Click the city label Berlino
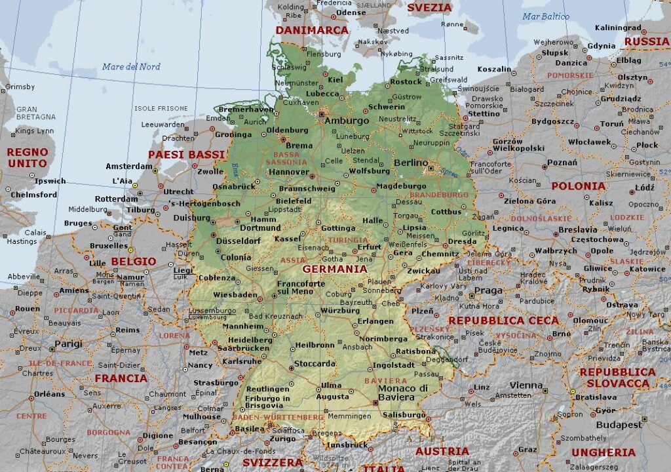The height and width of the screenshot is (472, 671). (x=411, y=163)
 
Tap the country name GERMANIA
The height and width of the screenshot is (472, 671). (x=334, y=269)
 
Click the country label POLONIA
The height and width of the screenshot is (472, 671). (x=578, y=186)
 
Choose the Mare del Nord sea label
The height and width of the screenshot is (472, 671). (x=131, y=67)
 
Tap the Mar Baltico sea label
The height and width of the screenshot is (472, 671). (x=546, y=16)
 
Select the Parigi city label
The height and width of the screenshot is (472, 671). (x=68, y=344)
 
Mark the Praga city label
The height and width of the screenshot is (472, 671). (x=488, y=290)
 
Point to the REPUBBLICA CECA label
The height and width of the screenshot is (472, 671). (x=503, y=321)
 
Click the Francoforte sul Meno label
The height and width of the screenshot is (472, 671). (x=301, y=287)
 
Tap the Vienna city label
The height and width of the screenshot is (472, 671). (x=526, y=385)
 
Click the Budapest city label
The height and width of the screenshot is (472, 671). (x=619, y=425)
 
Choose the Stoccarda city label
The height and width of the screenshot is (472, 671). (x=314, y=364)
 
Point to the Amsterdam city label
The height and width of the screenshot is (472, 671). (x=129, y=167)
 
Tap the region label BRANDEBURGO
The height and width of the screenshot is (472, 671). (x=439, y=195)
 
